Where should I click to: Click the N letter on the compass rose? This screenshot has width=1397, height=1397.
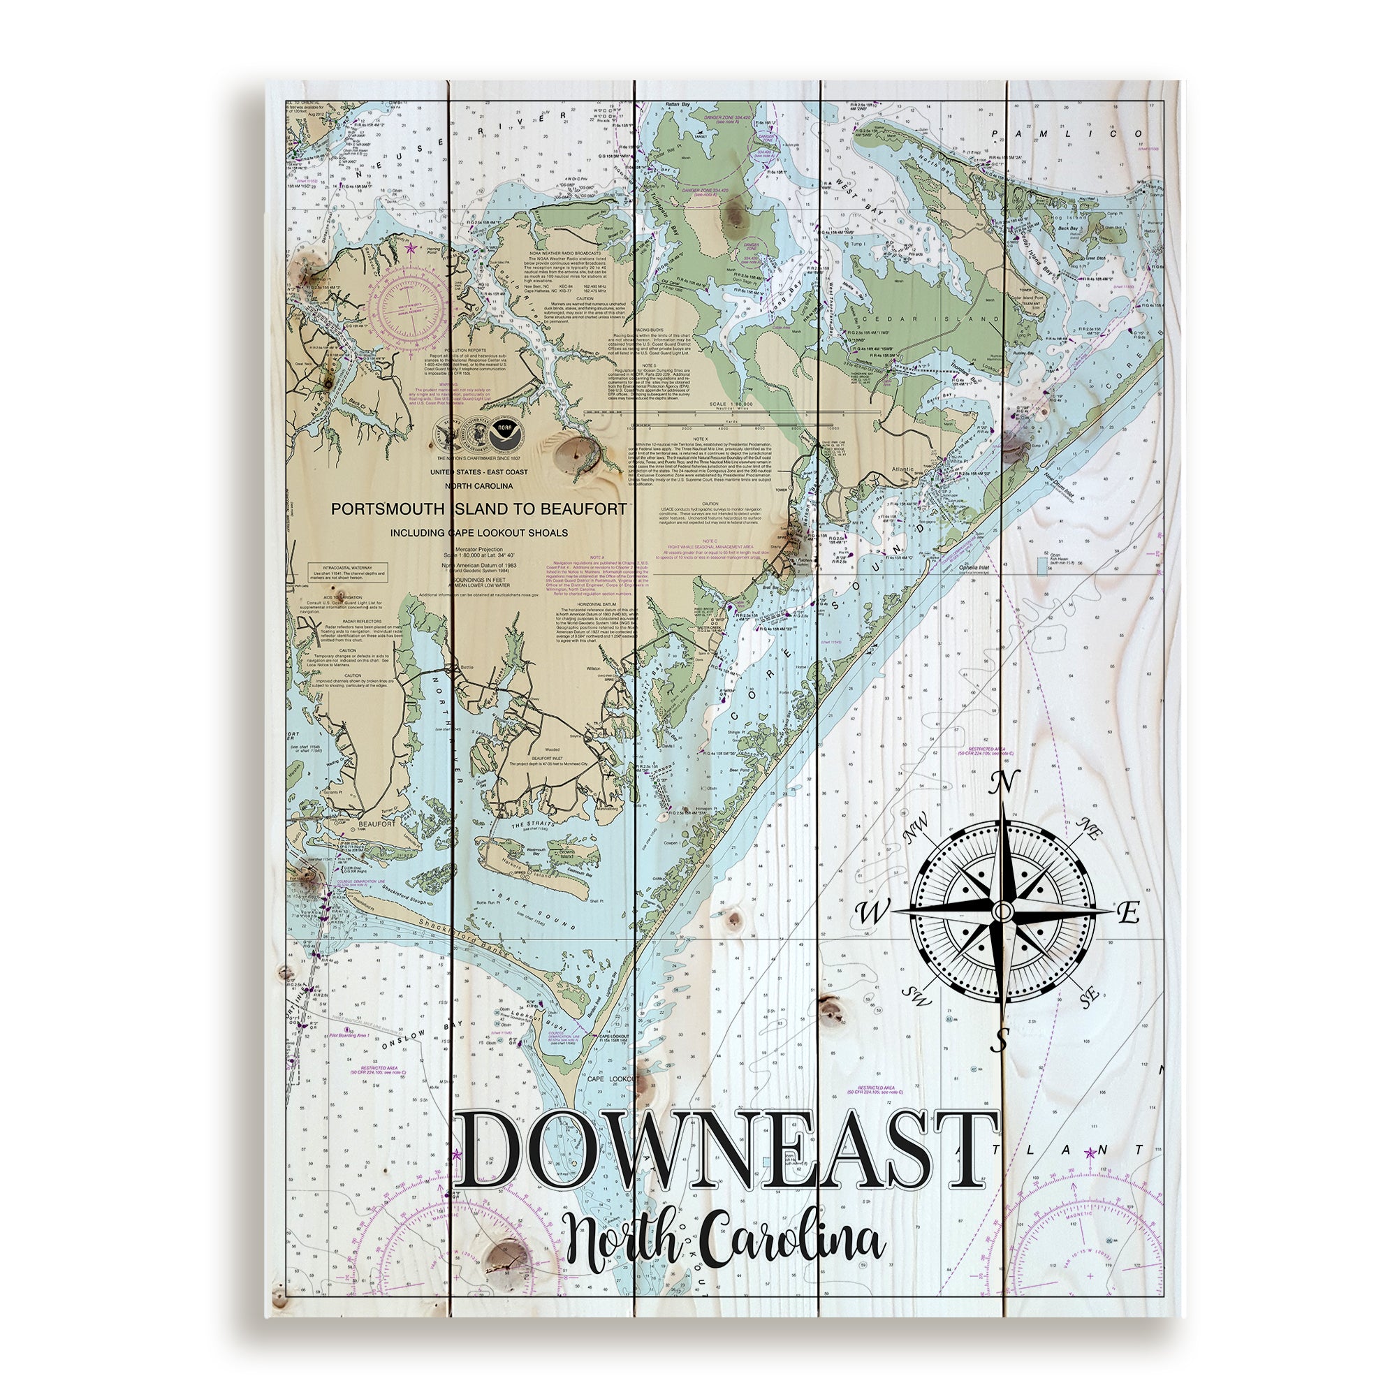pyautogui.click(x=1004, y=783)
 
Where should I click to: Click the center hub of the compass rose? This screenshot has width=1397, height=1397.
pyautogui.click(x=1001, y=910)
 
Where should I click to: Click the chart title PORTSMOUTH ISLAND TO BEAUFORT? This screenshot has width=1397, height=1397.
pyautogui.click(x=478, y=509)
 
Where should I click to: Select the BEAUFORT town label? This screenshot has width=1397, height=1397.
pyautogui.click(x=349, y=824)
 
